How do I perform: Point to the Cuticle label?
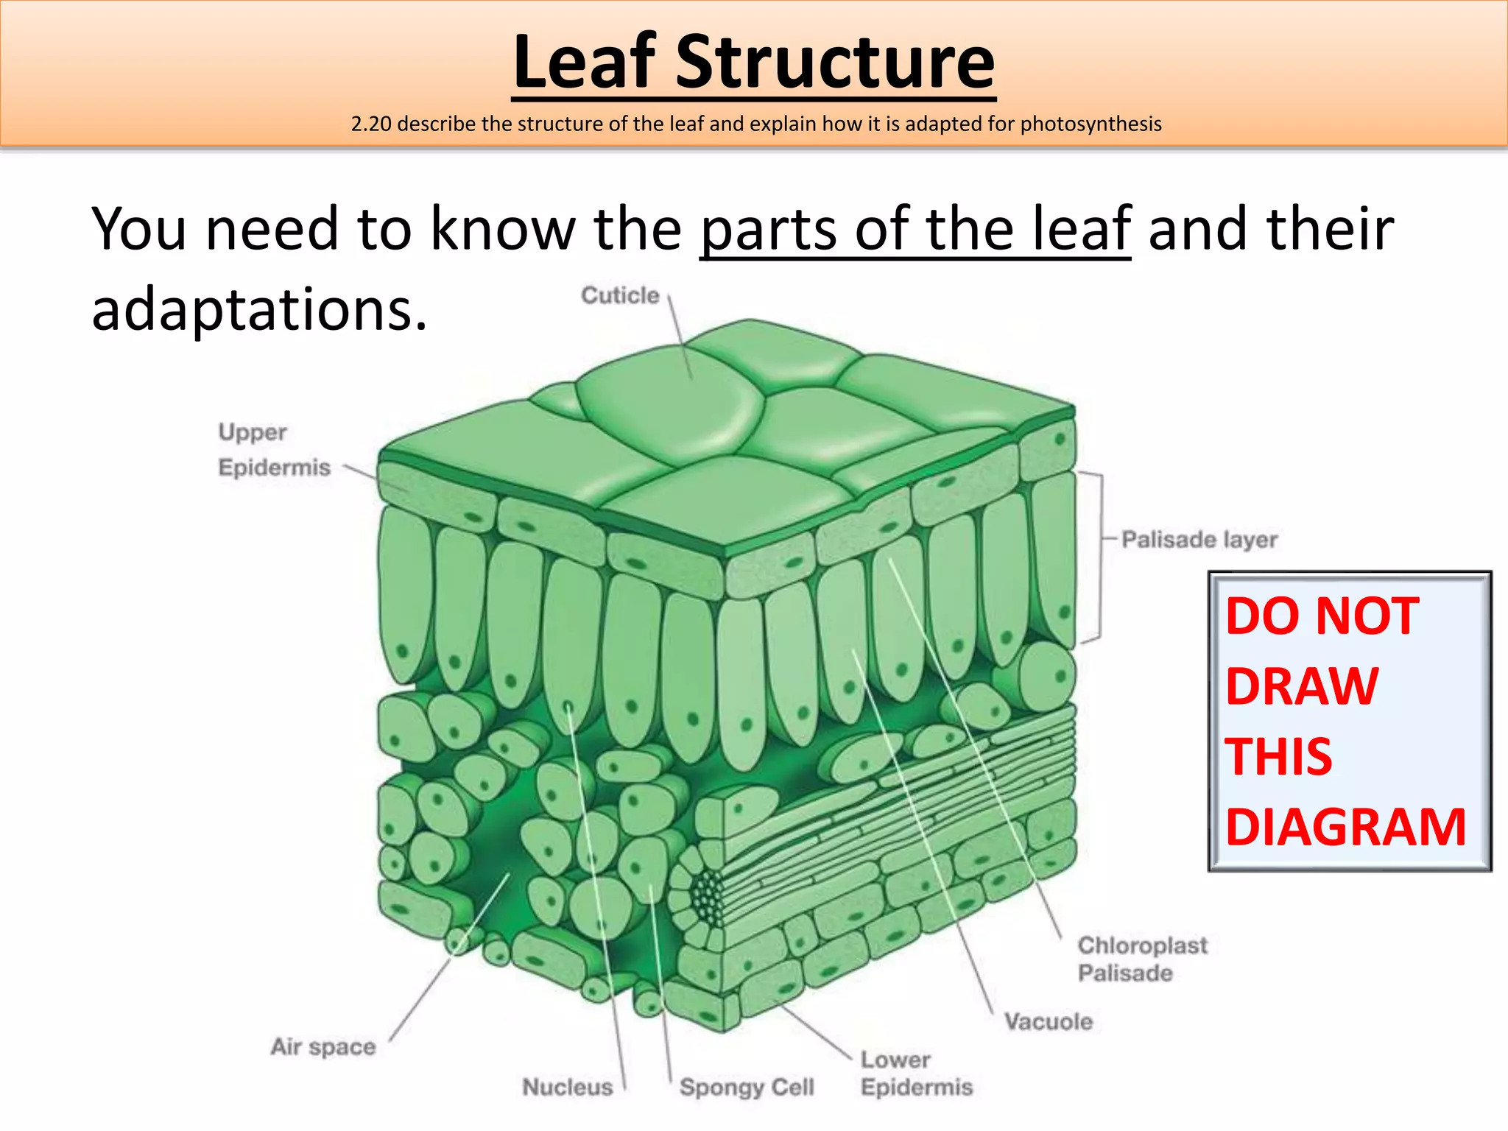[620, 295]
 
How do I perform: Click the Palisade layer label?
[1199, 540]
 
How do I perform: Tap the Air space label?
[323, 1046]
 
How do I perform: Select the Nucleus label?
[567, 1087]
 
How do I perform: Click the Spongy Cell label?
[747, 1087]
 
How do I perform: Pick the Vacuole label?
[1049, 1022]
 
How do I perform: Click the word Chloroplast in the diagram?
[1142, 945]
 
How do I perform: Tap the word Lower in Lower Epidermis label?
[895, 1060]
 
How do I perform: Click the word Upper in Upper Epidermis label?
[253, 432]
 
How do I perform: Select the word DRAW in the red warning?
[1302, 686]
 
